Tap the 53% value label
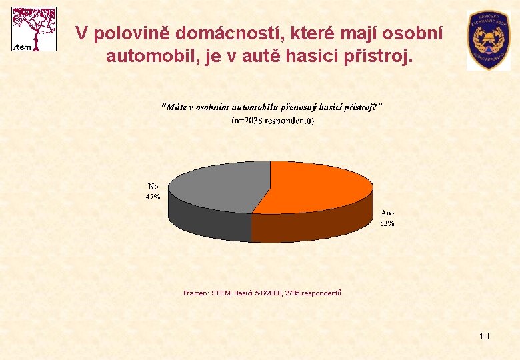pyautogui.click(x=387, y=224)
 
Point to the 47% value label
pyautogui.click(x=153, y=197)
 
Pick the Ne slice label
pyautogui.click(x=153, y=187)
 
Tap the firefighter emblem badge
pyautogui.click(x=489, y=40)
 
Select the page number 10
pyautogui.click(x=484, y=336)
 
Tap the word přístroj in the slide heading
pyautogui.click(x=377, y=55)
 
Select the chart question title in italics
pyautogui.click(x=273, y=107)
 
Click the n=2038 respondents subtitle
pyautogui.click(x=273, y=121)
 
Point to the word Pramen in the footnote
pyautogui.click(x=195, y=292)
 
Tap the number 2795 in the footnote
pyautogui.click(x=293, y=292)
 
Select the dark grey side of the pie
pyautogui.click(x=207, y=220)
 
